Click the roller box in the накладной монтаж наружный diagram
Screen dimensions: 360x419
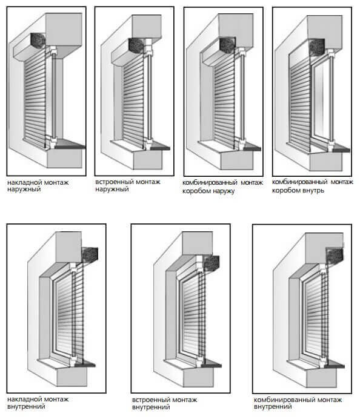coord(38,41)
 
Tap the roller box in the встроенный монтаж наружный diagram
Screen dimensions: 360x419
coord(137,45)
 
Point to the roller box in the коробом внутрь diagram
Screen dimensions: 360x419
coord(317,47)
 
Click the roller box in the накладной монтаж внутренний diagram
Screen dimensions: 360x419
coord(90,254)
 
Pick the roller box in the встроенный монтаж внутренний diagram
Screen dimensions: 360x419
coord(212,263)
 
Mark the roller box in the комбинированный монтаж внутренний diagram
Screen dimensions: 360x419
coord(335,256)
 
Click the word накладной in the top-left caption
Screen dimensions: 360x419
coord(25,183)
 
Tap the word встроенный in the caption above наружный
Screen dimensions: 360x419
coord(110,182)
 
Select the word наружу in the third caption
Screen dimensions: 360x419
coord(221,191)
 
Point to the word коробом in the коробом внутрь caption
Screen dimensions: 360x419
coord(285,191)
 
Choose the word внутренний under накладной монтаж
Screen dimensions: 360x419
coord(26,407)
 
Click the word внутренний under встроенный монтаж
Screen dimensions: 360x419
coord(151,407)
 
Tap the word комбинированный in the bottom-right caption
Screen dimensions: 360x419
coord(279,400)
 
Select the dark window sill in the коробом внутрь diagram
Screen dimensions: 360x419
coord(340,148)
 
